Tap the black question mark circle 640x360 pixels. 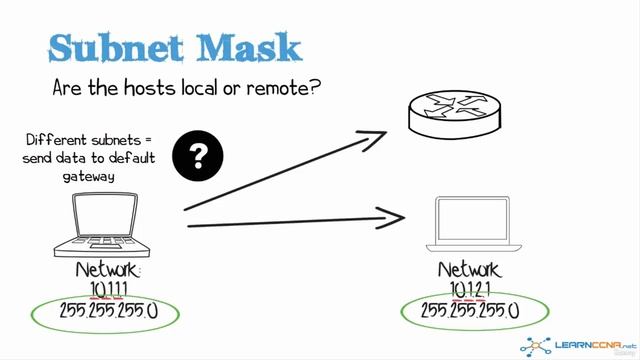198,155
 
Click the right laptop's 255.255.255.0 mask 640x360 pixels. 470,311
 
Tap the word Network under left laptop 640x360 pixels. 109,271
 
